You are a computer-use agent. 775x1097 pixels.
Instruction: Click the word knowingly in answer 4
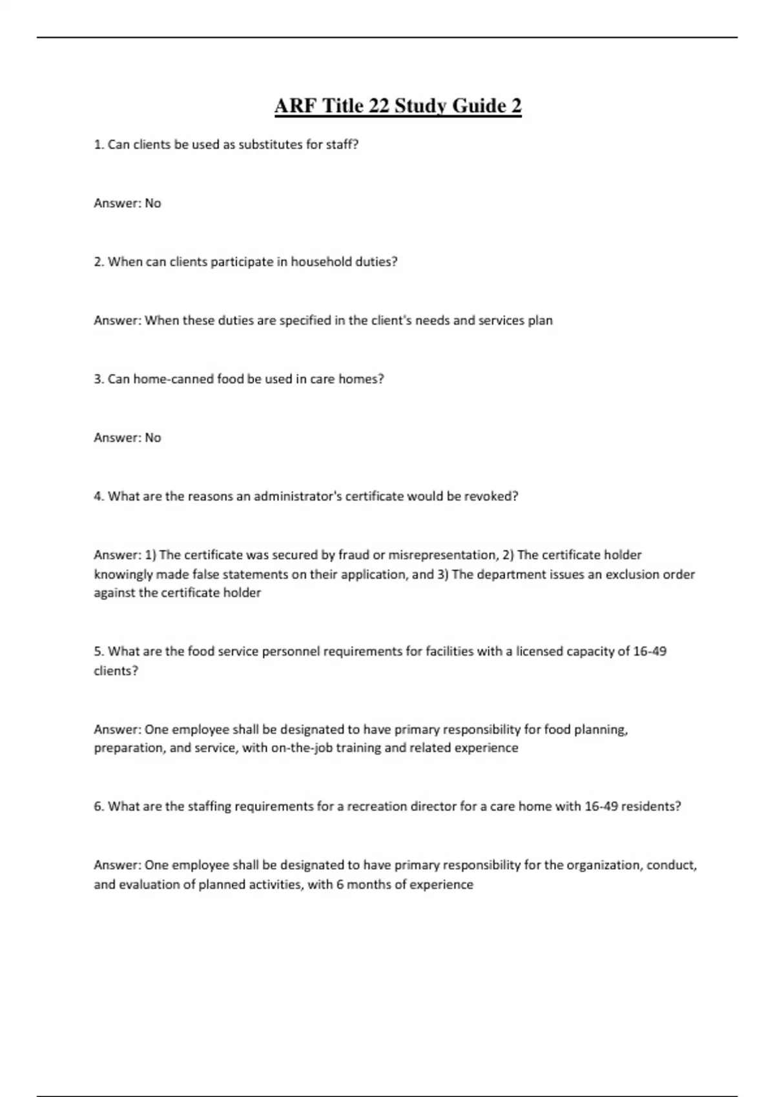pos(123,574)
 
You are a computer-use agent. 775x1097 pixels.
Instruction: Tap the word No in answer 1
pos(153,203)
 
